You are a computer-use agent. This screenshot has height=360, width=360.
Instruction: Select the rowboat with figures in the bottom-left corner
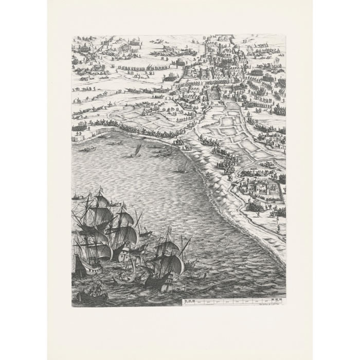(x=91, y=297)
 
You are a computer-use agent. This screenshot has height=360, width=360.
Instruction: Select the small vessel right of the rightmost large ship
(x=192, y=264)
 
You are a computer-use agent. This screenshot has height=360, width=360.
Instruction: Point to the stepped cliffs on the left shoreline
(x=87, y=135)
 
